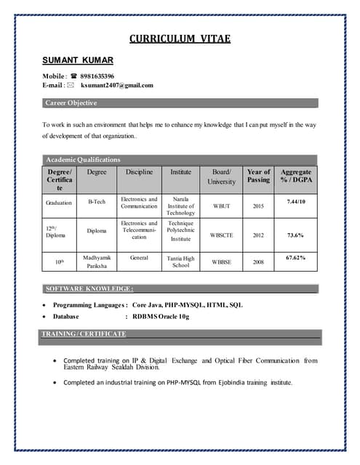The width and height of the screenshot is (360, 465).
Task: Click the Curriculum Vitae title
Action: click(x=180, y=39)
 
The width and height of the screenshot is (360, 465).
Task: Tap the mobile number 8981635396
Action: click(x=97, y=76)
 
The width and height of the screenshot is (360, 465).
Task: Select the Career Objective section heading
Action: click(x=71, y=103)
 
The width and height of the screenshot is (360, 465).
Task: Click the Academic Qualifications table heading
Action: click(x=83, y=159)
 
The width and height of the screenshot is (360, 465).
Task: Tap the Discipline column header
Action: click(x=139, y=172)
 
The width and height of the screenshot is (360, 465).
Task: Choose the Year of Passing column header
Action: click(x=258, y=176)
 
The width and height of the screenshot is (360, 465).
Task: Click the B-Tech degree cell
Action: click(x=97, y=201)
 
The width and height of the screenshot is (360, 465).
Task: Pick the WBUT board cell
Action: click(x=221, y=206)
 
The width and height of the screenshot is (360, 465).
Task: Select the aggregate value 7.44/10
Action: click(x=296, y=201)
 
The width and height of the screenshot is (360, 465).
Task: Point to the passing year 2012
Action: click(x=258, y=235)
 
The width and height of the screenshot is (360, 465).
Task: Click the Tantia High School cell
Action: click(x=180, y=262)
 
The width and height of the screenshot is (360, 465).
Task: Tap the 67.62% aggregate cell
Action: click(x=296, y=257)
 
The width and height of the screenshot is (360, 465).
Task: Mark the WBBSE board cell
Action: click(x=221, y=262)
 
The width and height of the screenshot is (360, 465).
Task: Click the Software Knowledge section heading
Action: click(x=89, y=288)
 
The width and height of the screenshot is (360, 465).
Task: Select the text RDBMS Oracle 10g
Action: click(x=161, y=317)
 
